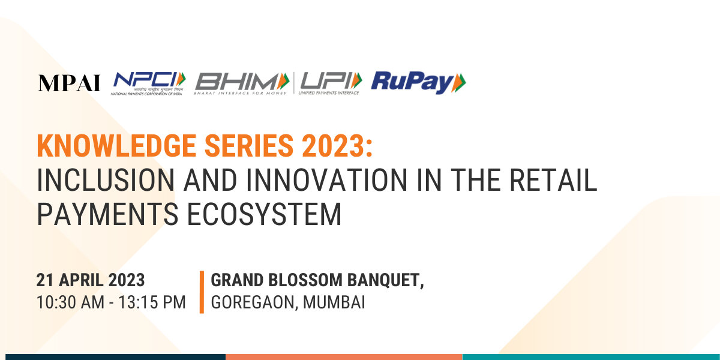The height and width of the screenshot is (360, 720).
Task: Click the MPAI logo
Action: [x=69, y=83]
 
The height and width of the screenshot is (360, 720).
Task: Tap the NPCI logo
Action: [x=148, y=83]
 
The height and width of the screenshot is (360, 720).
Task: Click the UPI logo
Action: [x=331, y=83]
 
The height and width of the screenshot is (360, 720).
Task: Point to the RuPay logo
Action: [x=419, y=83]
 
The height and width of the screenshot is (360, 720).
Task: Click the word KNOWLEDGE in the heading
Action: [x=116, y=146]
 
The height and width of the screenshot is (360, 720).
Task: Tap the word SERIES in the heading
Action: [x=249, y=146]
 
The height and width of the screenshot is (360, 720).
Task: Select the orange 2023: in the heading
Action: [x=337, y=146]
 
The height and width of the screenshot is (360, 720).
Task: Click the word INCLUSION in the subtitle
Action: [x=106, y=180]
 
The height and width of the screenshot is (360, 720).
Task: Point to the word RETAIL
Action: [x=553, y=180]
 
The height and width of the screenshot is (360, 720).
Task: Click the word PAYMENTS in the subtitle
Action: [x=107, y=214]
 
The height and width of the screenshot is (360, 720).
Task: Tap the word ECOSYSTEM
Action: [x=264, y=214]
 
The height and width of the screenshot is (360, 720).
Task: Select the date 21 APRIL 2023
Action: [x=91, y=280]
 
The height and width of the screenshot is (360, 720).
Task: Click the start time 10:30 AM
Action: [x=70, y=302]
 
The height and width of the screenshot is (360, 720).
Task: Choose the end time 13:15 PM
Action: [x=152, y=302]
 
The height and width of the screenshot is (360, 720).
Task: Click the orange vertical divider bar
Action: [x=202, y=292]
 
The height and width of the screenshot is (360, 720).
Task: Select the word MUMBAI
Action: [x=334, y=302]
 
